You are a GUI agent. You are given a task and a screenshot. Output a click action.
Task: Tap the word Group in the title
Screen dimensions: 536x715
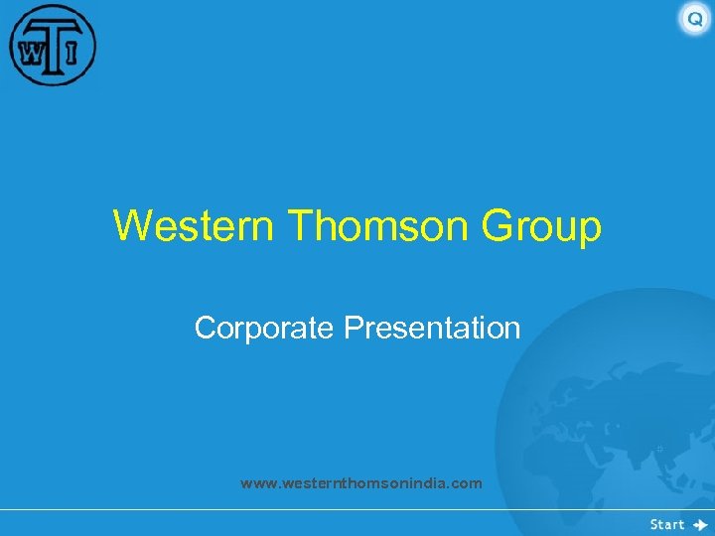click(x=541, y=227)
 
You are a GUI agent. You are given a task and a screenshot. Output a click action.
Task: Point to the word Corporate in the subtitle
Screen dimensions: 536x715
click(x=265, y=328)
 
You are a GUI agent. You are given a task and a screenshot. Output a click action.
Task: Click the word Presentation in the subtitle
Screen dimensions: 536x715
click(x=432, y=328)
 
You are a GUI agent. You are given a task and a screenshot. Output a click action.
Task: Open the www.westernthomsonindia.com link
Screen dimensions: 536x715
click(x=360, y=483)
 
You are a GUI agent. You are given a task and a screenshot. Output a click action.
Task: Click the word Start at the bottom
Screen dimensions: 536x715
click(x=667, y=524)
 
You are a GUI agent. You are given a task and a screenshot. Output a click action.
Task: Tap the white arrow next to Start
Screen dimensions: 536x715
click(x=700, y=524)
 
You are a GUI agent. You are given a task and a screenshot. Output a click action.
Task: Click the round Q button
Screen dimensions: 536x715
click(x=694, y=19)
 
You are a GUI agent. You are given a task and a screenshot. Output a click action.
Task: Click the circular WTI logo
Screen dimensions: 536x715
click(x=53, y=46)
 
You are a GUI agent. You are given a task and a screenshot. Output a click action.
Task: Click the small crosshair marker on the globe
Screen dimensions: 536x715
click(x=659, y=449)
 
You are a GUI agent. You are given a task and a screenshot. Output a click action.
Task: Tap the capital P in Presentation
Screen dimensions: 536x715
click(x=352, y=328)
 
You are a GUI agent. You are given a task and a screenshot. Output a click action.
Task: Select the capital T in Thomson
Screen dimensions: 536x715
click(x=299, y=225)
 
